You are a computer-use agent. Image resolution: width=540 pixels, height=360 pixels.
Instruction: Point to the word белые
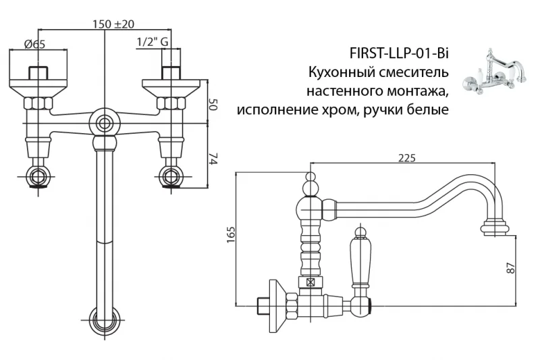click(x=427, y=108)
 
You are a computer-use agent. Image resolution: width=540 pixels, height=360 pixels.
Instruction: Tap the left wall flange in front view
click(x=38, y=86)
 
